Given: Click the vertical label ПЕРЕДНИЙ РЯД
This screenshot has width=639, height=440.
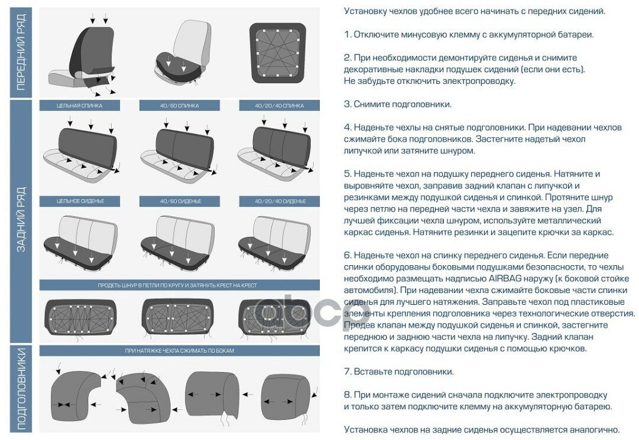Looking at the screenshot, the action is tap(21, 53).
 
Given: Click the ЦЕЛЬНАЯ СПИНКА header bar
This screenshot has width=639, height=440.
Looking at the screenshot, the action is tap(79, 106).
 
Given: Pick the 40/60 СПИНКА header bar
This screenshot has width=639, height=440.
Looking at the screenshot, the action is tap(179, 106).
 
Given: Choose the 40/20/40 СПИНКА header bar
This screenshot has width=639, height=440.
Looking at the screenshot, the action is tap(280, 106).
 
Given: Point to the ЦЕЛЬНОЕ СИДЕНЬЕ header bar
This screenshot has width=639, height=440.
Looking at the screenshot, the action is tap(79, 201).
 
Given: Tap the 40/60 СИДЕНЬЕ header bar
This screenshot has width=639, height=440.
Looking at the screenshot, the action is tap(179, 201).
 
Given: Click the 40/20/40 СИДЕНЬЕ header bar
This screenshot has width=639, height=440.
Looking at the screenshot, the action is tap(280, 201).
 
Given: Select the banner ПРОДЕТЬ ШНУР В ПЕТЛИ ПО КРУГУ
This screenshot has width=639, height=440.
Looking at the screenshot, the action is tap(179, 285).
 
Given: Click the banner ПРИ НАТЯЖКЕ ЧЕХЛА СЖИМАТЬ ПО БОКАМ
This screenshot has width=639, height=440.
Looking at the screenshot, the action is tap(179, 351).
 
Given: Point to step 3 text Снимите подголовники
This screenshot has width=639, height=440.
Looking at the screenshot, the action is tap(402, 105).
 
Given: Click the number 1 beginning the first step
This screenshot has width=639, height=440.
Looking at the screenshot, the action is tap(347, 35).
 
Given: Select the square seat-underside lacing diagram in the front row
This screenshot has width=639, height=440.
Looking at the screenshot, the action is tap(278, 53).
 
